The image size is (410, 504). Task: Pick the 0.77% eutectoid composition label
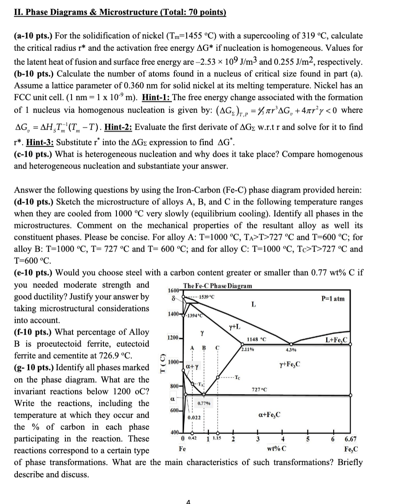tap(204, 404)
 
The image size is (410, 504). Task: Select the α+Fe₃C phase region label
tap(270, 413)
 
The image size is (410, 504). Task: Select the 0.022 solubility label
tap(194, 418)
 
